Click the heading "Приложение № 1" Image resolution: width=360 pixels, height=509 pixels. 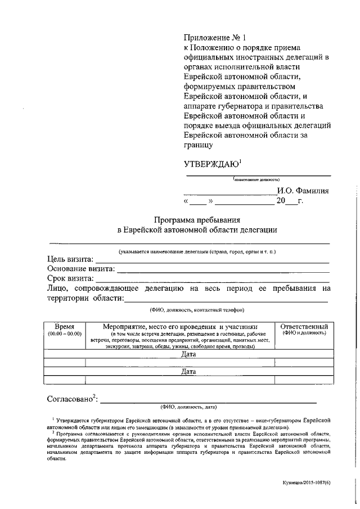pyautogui.click(x=216, y=38)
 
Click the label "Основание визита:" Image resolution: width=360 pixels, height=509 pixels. pyautogui.click(x=81, y=269)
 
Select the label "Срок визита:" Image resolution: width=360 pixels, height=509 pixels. pyautogui.click(x=70, y=278)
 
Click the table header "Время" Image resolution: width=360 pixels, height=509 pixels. pyautogui.click(x=65, y=326)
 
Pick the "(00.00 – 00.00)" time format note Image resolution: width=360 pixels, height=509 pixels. pyautogui.click(x=65, y=334)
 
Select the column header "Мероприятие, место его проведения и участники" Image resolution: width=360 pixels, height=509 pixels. pyautogui.click(x=180, y=326)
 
